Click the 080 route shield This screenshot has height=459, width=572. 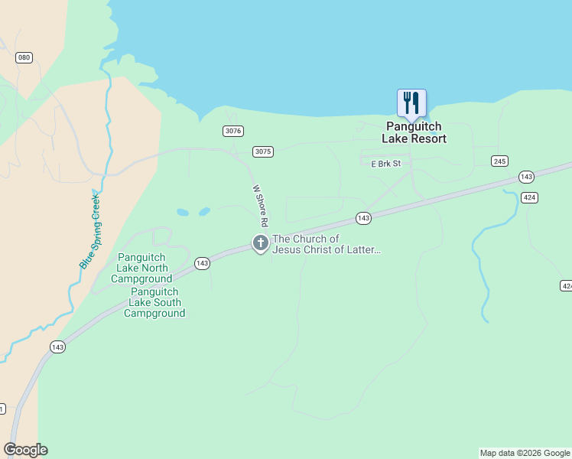tap(24, 57)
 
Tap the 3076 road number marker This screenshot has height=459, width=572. tap(233, 131)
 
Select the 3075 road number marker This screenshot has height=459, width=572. tap(262, 151)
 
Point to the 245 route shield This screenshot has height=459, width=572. tap(500, 161)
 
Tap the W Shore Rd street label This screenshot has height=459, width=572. tap(259, 205)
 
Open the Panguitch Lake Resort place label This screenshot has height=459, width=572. tap(414, 132)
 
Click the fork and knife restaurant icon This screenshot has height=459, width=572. tap(411, 103)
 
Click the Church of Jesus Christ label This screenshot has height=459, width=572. tap(327, 244)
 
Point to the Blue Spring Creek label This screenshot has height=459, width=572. tap(90, 229)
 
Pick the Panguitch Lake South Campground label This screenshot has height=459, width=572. tap(154, 302)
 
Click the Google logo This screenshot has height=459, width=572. tap(25, 450)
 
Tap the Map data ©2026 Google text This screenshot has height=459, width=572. tap(525, 453)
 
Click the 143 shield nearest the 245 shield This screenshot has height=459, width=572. tap(525, 177)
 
